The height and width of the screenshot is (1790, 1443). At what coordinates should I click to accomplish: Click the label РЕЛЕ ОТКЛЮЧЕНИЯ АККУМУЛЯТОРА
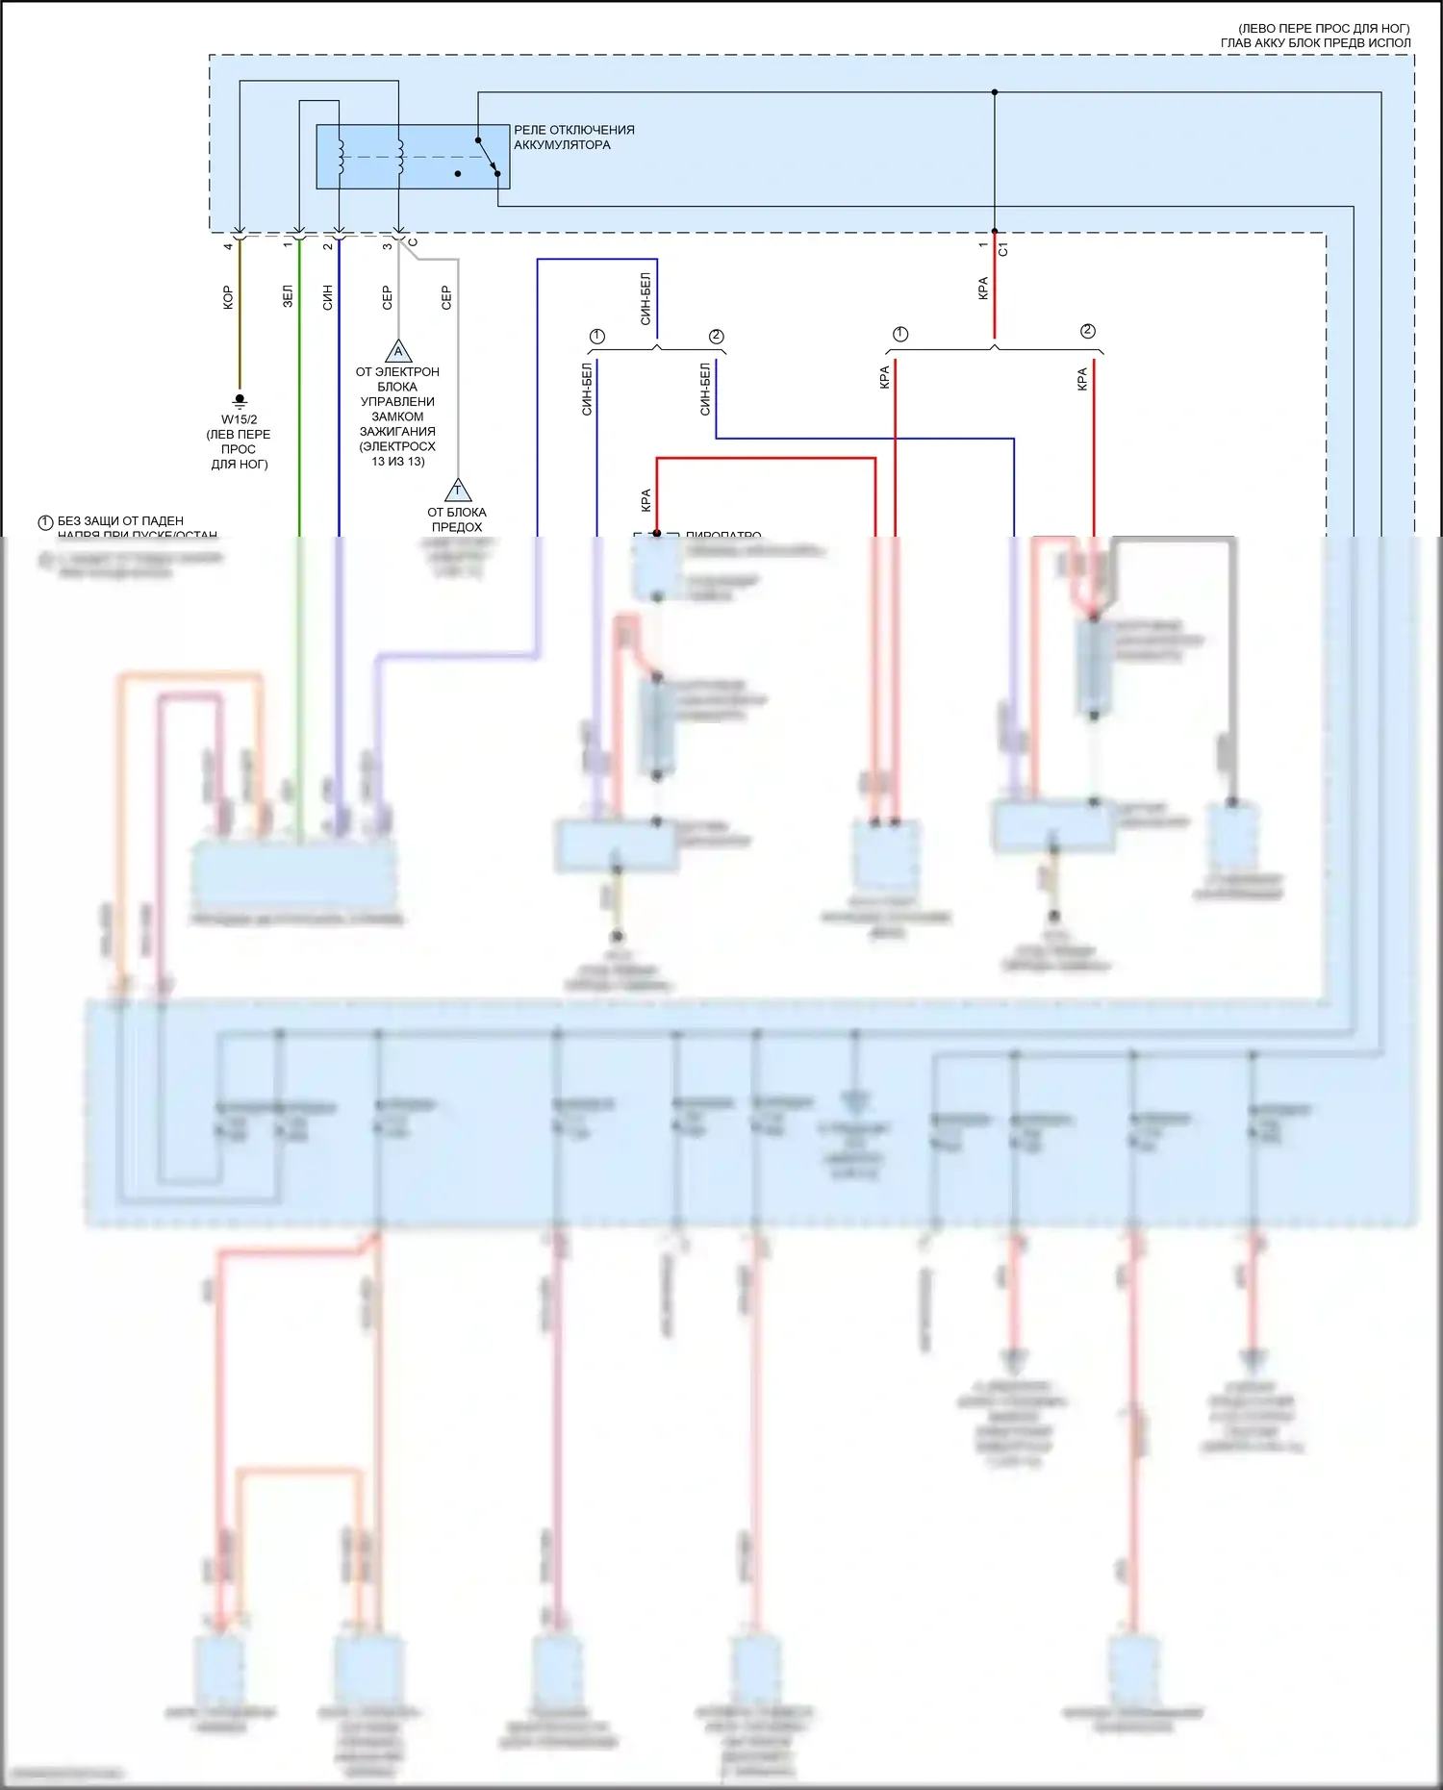click(x=573, y=138)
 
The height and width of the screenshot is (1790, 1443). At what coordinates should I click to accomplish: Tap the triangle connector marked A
click(x=398, y=351)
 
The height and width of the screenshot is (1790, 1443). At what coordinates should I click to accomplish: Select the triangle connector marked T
click(x=458, y=492)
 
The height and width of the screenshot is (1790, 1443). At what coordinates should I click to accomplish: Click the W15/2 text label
click(x=240, y=419)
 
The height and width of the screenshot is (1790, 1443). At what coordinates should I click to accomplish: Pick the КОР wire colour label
click(x=228, y=297)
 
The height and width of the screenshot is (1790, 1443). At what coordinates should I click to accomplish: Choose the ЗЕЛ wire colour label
click(x=288, y=296)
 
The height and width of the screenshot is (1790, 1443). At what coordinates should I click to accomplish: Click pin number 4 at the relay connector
click(x=228, y=246)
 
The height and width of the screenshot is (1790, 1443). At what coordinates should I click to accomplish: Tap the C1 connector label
click(x=1003, y=248)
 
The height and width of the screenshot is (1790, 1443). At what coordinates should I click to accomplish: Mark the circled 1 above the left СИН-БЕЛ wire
click(x=597, y=337)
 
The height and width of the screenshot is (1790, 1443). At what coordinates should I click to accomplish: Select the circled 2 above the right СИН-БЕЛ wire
click(x=716, y=337)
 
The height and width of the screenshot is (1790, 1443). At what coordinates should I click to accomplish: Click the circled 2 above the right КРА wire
click(x=1088, y=331)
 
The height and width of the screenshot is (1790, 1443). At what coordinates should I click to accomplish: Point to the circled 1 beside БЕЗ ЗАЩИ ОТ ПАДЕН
click(x=45, y=522)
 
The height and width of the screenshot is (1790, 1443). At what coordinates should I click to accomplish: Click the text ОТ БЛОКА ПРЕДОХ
click(x=457, y=519)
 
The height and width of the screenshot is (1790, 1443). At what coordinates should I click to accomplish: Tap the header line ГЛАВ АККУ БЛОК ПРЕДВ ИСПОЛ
click(x=1315, y=42)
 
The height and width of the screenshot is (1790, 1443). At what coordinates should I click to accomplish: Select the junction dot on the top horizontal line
click(x=995, y=92)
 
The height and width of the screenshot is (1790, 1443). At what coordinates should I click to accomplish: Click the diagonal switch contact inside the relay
click(x=488, y=157)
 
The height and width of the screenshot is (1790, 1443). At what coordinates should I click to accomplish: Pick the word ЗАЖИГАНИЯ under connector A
click(x=397, y=432)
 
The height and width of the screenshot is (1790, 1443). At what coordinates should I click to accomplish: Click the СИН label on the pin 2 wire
click(x=328, y=296)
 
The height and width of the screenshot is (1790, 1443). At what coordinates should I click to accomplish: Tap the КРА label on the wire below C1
click(x=983, y=288)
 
